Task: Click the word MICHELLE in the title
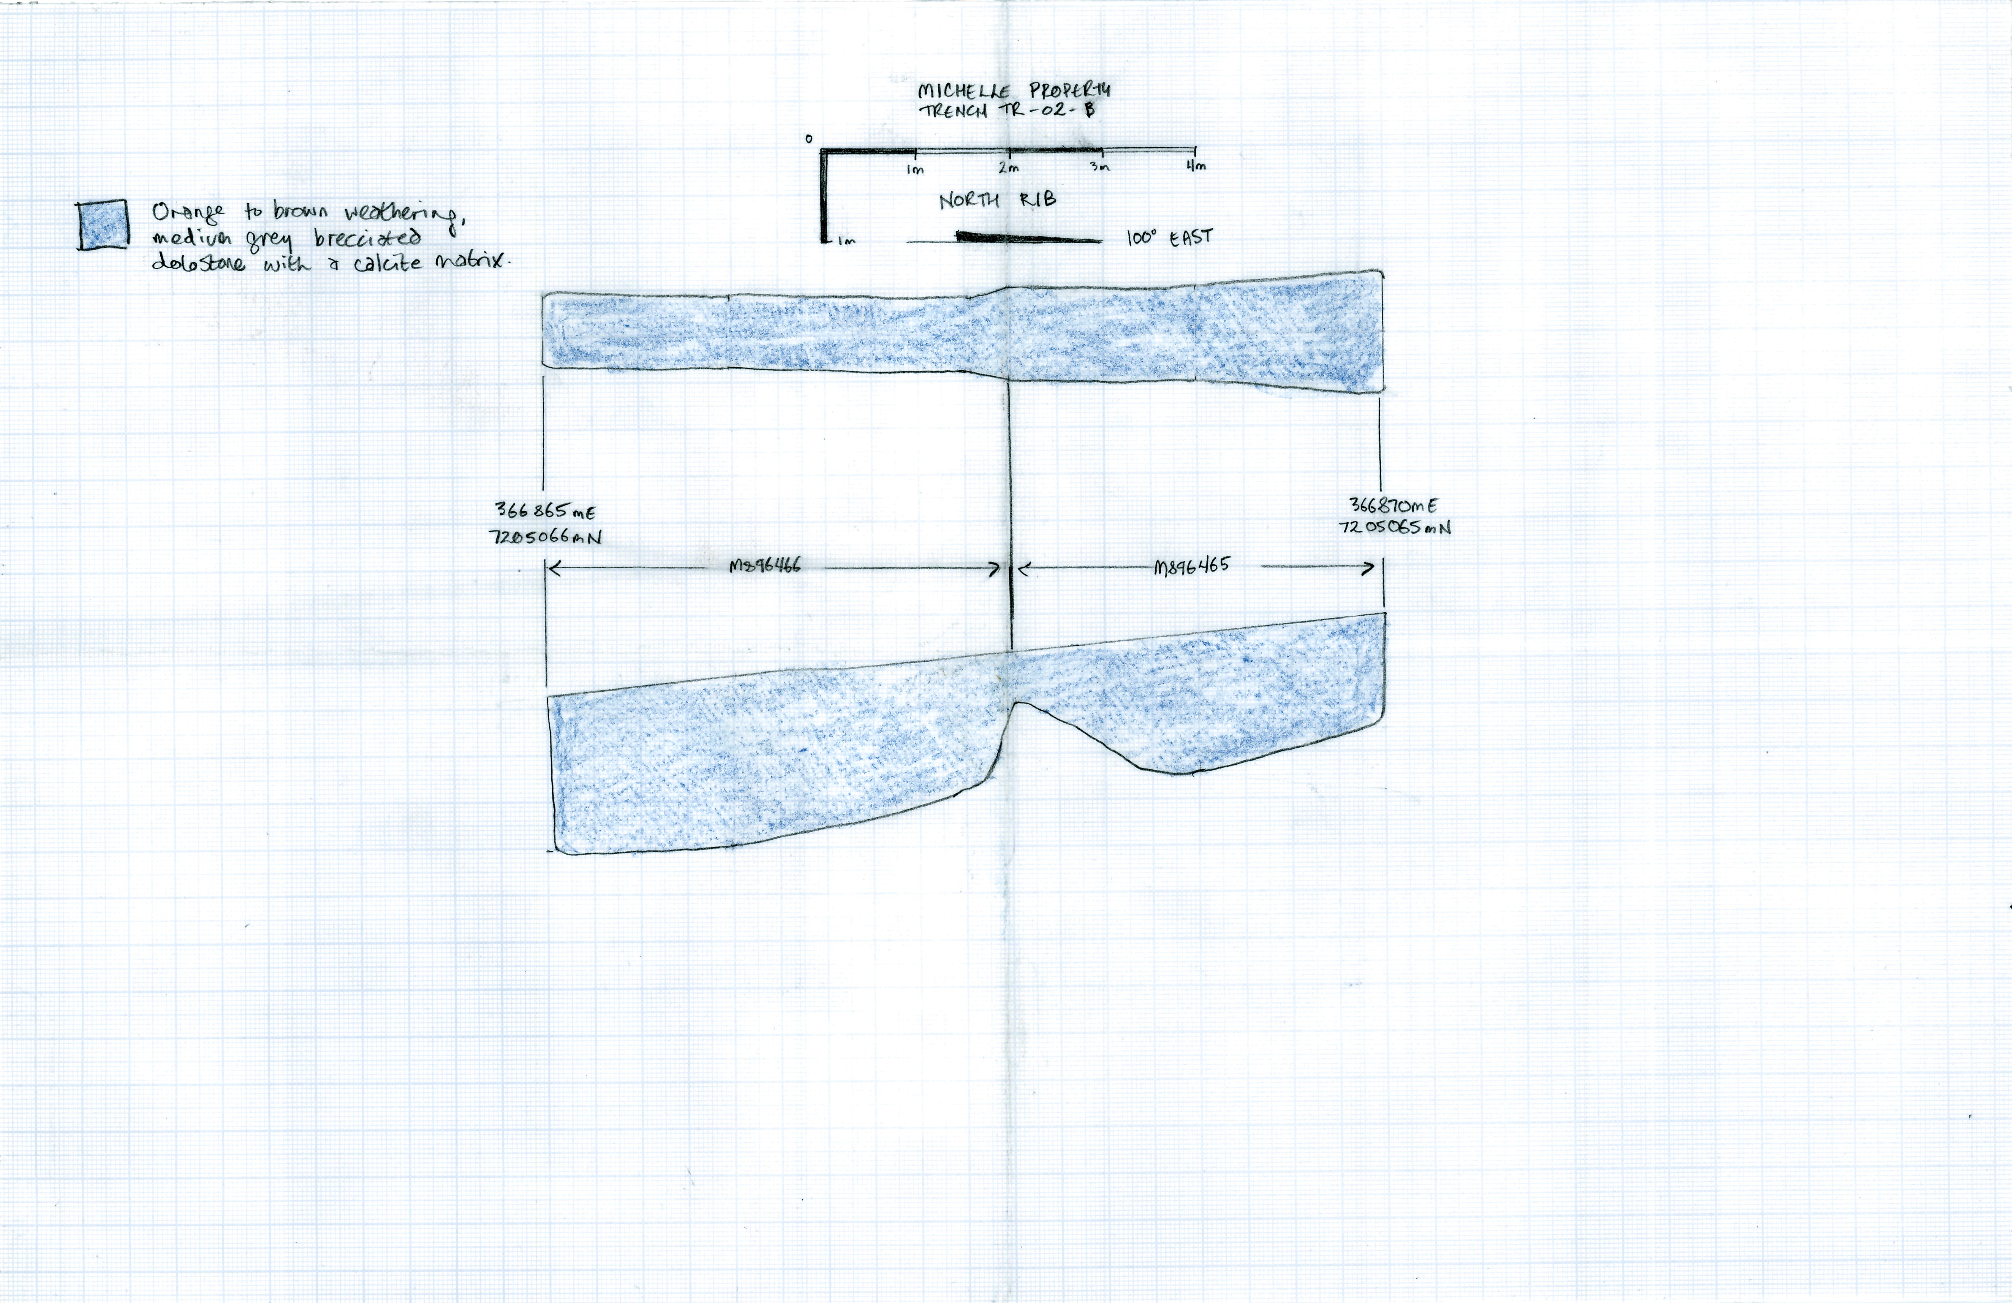(x=964, y=91)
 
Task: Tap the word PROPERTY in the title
(x=1070, y=90)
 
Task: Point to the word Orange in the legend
(x=188, y=212)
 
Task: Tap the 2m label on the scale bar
(x=1009, y=167)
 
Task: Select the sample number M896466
(x=765, y=566)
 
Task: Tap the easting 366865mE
(x=545, y=511)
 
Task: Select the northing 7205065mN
(x=1395, y=527)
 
